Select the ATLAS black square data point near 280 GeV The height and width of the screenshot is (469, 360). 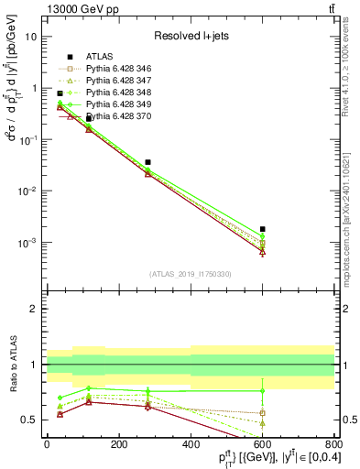147,162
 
